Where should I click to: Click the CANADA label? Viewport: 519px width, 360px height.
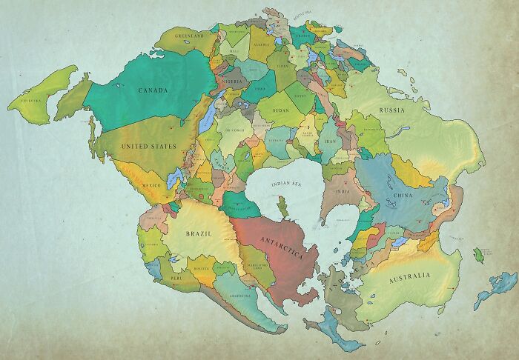(x=152, y=90)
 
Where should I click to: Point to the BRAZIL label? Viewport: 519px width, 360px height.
(x=198, y=233)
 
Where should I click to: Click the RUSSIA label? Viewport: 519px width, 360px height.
(x=391, y=111)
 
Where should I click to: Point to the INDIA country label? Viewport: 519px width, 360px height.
(x=342, y=191)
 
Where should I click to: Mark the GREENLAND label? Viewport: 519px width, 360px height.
(x=188, y=35)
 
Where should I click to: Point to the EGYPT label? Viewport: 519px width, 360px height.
(x=300, y=96)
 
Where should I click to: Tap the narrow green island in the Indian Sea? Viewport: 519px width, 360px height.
(x=283, y=207)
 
